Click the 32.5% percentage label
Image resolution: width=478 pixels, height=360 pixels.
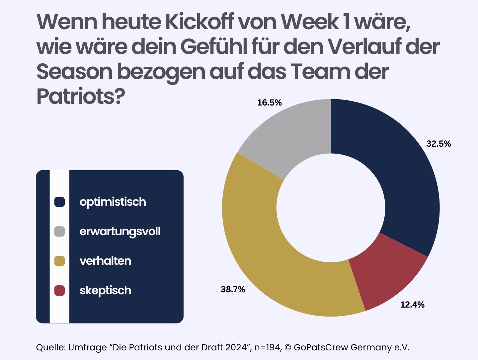tap(438, 144)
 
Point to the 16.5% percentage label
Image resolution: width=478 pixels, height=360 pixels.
tap(269, 103)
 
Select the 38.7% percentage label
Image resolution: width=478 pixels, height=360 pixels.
tap(233, 289)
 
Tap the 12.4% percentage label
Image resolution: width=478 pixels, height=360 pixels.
tap(412, 304)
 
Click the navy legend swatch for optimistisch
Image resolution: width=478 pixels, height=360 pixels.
tap(59, 202)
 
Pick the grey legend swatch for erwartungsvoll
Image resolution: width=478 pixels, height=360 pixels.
tap(59, 231)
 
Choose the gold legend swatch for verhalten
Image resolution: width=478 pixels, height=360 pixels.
tap(59, 261)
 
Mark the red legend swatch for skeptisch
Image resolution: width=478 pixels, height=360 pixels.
tap(59, 290)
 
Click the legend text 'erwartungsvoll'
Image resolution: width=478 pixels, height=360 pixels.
tap(120, 232)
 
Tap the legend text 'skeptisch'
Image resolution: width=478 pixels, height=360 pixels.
tap(105, 291)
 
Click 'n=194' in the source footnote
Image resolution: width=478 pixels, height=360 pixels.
tap(268, 347)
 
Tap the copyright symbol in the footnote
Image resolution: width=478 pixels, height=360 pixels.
tap(288, 347)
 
